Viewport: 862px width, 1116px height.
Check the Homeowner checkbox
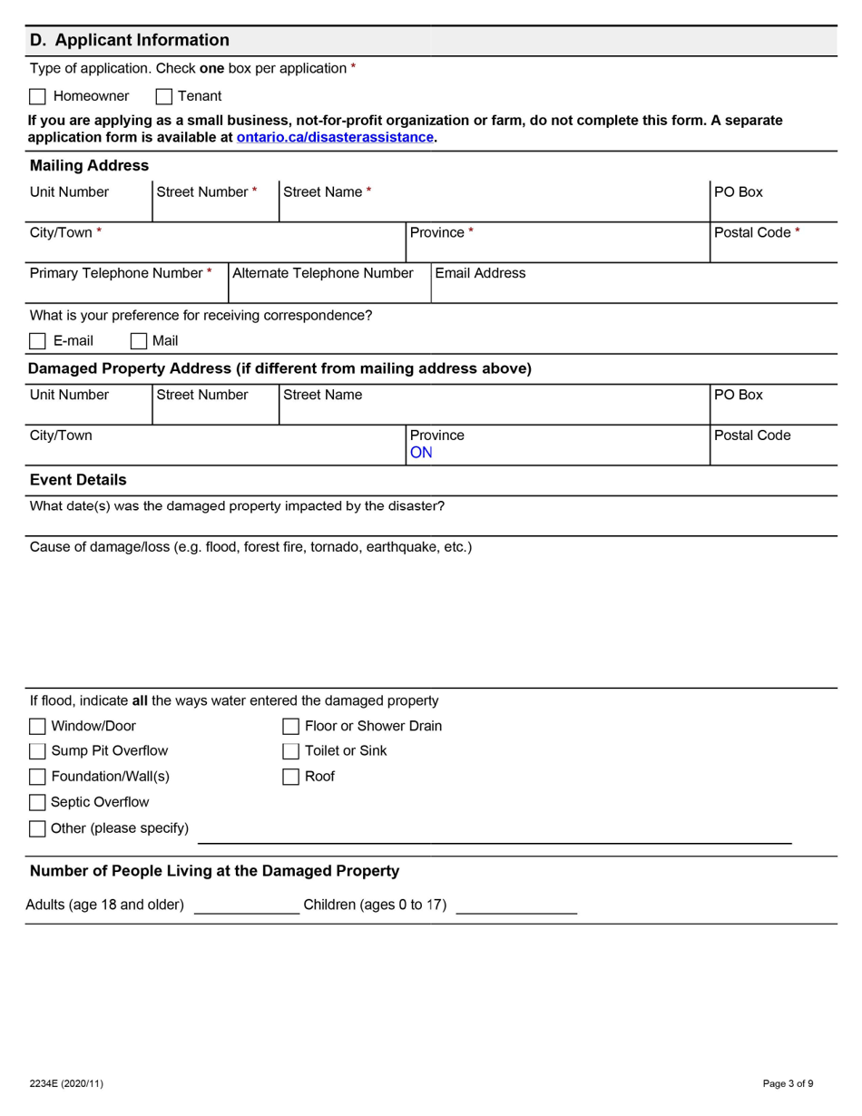pos(37,96)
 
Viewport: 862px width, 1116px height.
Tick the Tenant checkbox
pos(164,96)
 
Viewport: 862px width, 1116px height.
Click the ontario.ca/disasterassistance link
pos(335,138)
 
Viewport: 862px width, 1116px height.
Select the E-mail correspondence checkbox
pos(37,341)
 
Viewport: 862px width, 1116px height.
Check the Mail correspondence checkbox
pos(139,341)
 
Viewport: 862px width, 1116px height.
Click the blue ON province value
pos(421,453)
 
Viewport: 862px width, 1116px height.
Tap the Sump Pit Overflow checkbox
pos(37,751)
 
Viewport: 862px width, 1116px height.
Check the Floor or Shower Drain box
pos(290,726)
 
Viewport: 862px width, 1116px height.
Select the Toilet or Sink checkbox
pos(290,751)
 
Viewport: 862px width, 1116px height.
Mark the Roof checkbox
pos(290,777)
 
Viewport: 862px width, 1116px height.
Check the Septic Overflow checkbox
pos(37,802)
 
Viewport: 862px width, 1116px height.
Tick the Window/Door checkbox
pos(37,726)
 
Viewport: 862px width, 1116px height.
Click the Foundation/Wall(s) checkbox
pos(37,777)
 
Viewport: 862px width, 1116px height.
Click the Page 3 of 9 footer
pos(788,1083)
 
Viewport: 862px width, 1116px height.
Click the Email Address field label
pos(480,273)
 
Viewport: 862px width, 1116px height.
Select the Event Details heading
pos(78,480)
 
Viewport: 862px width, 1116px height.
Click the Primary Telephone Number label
pos(120,273)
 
